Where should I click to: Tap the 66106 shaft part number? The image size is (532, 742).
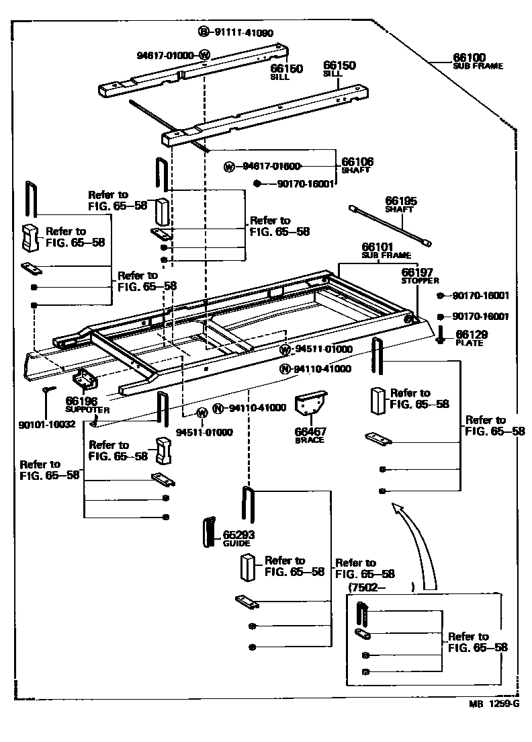(x=357, y=161)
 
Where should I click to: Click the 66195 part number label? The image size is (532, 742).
(x=401, y=200)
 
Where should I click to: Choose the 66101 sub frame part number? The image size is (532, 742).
(x=378, y=247)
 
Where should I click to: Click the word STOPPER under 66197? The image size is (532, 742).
(x=420, y=280)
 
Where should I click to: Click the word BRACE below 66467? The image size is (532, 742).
(x=310, y=440)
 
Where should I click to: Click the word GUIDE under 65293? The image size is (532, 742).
(x=236, y=543)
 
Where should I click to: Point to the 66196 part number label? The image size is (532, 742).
(x=82, y=401)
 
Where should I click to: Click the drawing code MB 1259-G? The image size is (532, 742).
(x=494, y=704)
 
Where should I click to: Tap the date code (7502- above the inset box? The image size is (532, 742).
(x=366, y=587)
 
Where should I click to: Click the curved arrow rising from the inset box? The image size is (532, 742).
(x=420, y=538)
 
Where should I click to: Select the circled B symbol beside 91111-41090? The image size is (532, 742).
(x=204, y=32)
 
